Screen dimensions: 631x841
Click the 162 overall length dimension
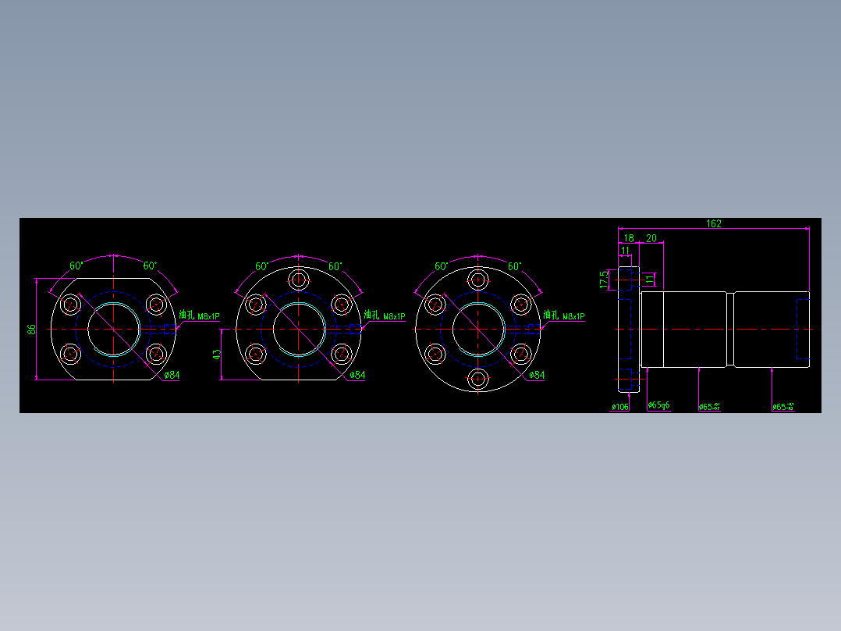click(x=713, y=223)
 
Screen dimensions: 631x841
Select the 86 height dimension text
click(x=32, y=329)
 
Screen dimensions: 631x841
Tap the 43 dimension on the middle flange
click(x=218, y=354)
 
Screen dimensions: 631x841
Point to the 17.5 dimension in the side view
click(x=603, y=279)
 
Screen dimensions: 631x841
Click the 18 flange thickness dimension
click(x=629, y=237)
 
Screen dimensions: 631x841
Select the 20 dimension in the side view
click(x=651, y=237)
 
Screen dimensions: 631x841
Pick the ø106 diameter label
click(x=620, y=407)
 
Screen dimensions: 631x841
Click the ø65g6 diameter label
click(x=659, y=405)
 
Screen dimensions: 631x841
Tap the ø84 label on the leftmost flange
click(x=172, y=375)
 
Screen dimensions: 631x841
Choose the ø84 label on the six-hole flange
click(x=536, y=375)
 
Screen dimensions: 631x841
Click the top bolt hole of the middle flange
click(x=298, y=279)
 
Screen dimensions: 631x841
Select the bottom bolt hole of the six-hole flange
click(x=477, y=380)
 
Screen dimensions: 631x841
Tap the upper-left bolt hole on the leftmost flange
click(x=72, y=304)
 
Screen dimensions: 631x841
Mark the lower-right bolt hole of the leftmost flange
click(x=156, y=354)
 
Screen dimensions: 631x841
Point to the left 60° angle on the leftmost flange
click(x=76, y=266)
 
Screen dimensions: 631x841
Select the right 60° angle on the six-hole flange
click(x=515, y=266)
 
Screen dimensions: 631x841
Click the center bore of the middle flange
click(x=298, y=329)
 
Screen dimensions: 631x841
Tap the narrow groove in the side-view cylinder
click(x=730, y=329)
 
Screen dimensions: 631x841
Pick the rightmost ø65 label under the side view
click(x=783, y=407)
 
